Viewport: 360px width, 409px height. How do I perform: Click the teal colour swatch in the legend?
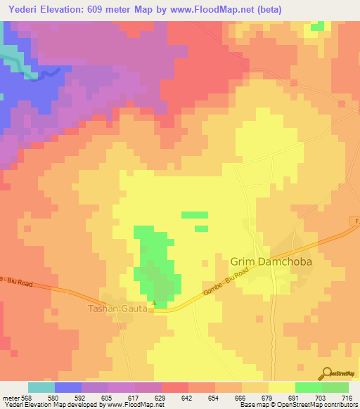(x=41, y=387)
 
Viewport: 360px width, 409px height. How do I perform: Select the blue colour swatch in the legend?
(x=68, y=387)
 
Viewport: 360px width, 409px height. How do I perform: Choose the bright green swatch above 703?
(x=309, y=387)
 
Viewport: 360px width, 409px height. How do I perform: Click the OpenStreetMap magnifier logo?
(x=326, y=374)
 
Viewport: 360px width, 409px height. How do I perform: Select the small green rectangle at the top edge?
(x=318, y=26)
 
